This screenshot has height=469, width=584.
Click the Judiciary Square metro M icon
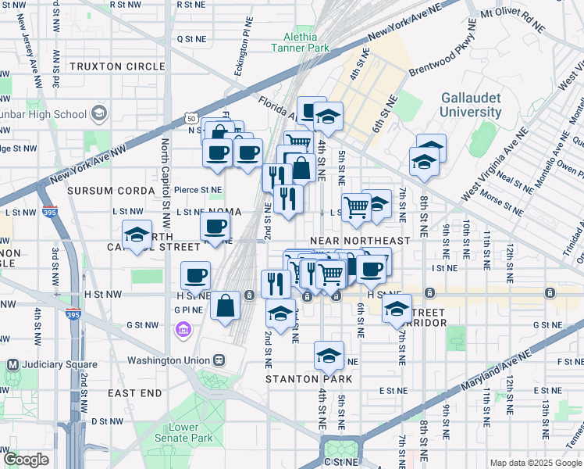click(12, 364)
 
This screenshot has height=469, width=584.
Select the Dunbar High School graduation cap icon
click(99, 114)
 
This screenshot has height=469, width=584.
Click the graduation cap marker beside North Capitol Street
click(136, 234)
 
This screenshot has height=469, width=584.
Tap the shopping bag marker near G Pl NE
click(225, 306)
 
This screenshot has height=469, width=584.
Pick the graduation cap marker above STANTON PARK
click(329, 355)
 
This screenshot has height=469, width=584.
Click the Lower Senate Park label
click(191, 433)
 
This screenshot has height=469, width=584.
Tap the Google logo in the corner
click(26, 460)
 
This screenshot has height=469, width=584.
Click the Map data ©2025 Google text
click(536, 463)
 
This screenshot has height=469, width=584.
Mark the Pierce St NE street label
click(198, 189)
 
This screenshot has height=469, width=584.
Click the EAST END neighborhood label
click(134, 392)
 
